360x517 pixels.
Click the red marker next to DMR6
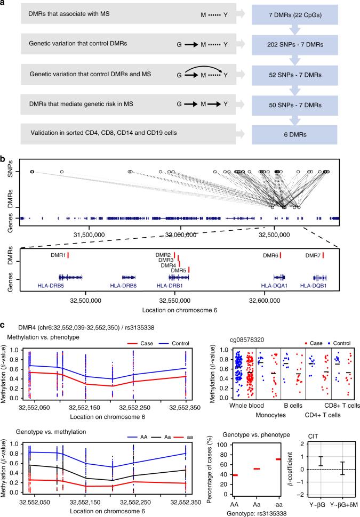pyautogui.click(x=281, y=256)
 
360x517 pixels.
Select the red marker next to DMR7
pyautogui.click(x=324, y=256)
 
